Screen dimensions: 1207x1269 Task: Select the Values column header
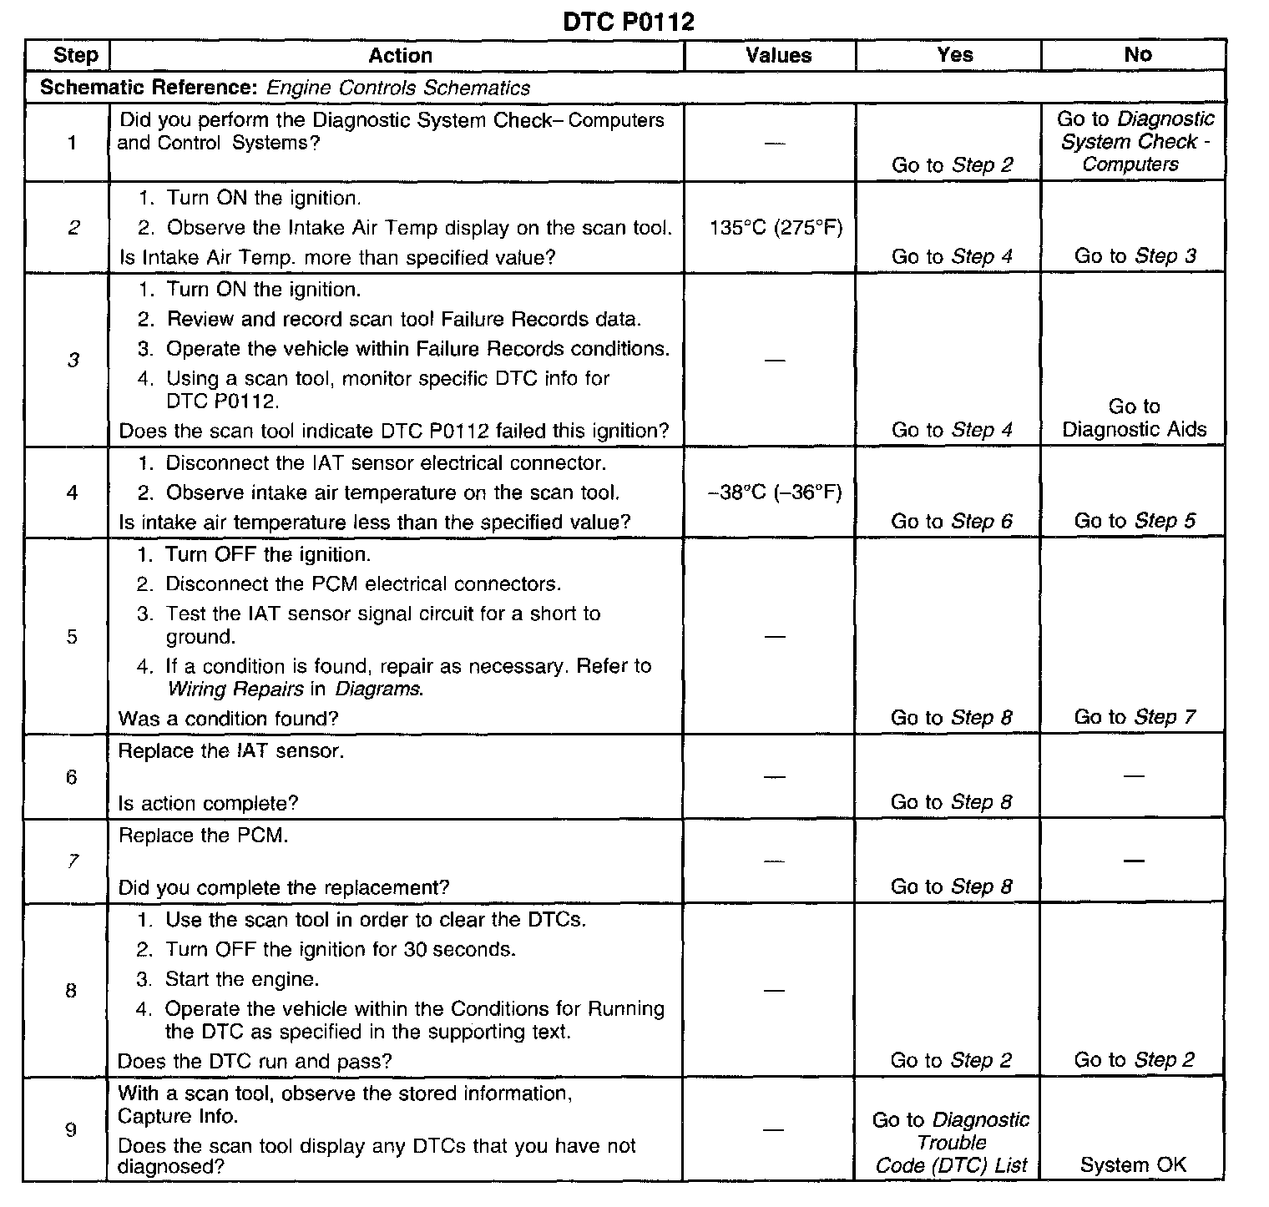click(x=778, y=56)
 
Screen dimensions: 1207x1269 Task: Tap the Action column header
click(x=400, y=56)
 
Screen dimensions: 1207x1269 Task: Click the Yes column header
click(x=954, y=55)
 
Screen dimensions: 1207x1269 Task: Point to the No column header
click(x=1137, y=55)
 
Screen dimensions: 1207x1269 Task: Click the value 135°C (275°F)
click(x=776, y=228)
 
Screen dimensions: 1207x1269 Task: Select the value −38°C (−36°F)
click(x=775, y=492)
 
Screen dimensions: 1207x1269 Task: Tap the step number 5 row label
click(x=72, y=637)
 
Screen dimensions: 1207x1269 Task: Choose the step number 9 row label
click(x=71, y=1129)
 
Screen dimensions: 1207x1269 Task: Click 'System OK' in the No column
click(x=1133, y=1165)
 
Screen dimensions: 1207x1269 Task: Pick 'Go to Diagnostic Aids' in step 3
click(x=1134, y=418)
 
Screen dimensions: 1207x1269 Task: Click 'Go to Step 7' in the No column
click(x=1135, y=717)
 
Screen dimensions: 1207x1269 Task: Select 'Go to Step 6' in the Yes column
click(x=952, y=522)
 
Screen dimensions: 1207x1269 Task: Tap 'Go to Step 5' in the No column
click(x=1135, y=521)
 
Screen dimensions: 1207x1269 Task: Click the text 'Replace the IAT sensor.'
click(x=230, y=751)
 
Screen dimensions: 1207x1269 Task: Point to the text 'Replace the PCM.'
click(x=203, y=836)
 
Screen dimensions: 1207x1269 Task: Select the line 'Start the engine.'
click(x=242, y=979)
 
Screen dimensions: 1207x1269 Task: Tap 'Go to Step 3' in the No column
click(x=1135, y=256)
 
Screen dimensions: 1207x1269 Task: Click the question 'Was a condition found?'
click(x=228, y=719)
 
